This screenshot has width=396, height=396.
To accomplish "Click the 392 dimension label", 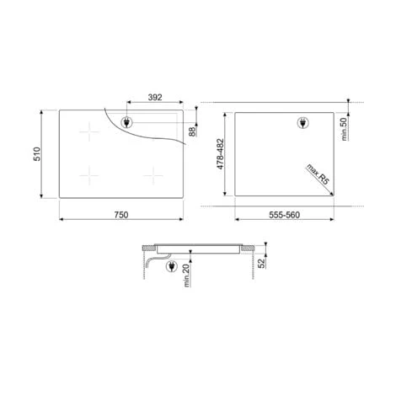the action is pyautogui.click(x=155, y=97).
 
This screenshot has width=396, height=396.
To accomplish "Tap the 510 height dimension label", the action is pyautogui.click(x=37, y=154).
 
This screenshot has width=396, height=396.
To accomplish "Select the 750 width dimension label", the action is pyautogui.click(x=121, y=215).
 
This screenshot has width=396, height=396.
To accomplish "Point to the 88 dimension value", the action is pyautogui.click(x=192, y=131).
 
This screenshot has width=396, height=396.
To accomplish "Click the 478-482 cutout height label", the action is pyautogui.click(x=221, y=154).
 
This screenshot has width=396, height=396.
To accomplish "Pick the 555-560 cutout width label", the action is pyautogui.click(x=284, y=215).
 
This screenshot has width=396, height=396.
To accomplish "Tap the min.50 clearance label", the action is pyautogui.click(x=344, y=129).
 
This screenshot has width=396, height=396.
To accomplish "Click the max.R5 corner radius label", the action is pyautogui.click(x=318, y=174).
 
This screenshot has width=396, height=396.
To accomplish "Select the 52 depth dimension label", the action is pyautogui.click(x=261, y=264).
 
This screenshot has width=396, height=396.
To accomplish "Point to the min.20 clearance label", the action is pyautogui.click(x=186, y=276).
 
